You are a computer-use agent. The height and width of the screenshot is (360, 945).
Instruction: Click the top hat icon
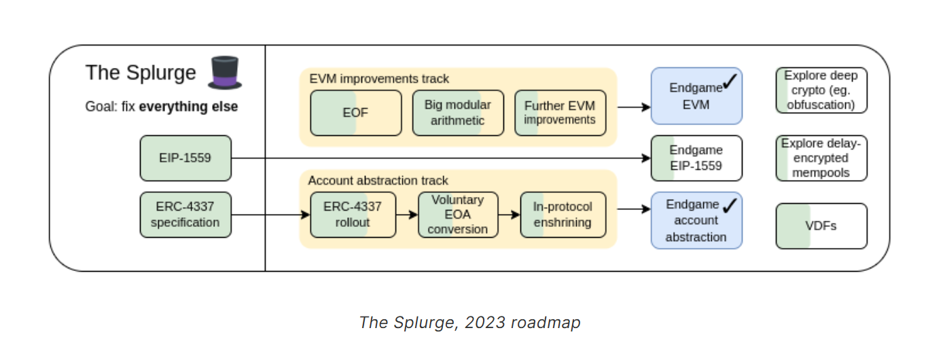click(x=225, y=72)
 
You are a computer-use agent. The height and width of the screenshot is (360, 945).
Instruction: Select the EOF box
click(x=355, y=113)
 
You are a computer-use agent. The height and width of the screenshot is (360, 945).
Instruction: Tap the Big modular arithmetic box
click(x=458, y=113)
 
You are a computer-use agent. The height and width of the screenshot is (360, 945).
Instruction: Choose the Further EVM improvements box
click(x=560, y=113)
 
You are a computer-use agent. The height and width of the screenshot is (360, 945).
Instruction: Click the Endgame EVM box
click(x=696, y=96)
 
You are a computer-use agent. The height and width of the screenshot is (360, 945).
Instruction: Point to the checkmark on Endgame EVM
click(x=730, y=82)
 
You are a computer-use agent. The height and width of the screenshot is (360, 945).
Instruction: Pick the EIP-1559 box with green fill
click(x=185, y=158)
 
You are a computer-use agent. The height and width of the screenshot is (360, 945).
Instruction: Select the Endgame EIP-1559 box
click(x=696, y=158)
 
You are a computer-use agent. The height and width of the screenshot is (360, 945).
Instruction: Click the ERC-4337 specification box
click(x=185, y=215)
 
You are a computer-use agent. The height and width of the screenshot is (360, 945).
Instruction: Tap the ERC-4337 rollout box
click(x=353, y=215)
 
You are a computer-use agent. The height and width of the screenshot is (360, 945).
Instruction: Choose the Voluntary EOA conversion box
click(x=458, y=215)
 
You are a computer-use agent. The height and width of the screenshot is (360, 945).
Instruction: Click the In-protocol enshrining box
click(x=562, y=215)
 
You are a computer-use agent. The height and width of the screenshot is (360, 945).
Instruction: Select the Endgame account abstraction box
click(x=696, y=220)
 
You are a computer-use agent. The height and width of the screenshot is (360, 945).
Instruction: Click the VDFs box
click(x=821, y=226)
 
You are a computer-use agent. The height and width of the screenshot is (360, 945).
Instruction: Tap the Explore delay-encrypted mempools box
click(x=821, y=158)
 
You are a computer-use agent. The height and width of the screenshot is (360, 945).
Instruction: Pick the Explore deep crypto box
click(x=821, y=90)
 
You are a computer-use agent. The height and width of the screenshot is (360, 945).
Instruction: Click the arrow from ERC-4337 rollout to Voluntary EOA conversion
click(x=406, y=215)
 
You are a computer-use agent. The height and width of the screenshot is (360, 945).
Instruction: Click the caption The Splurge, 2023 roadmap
click(x=469, y=322)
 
